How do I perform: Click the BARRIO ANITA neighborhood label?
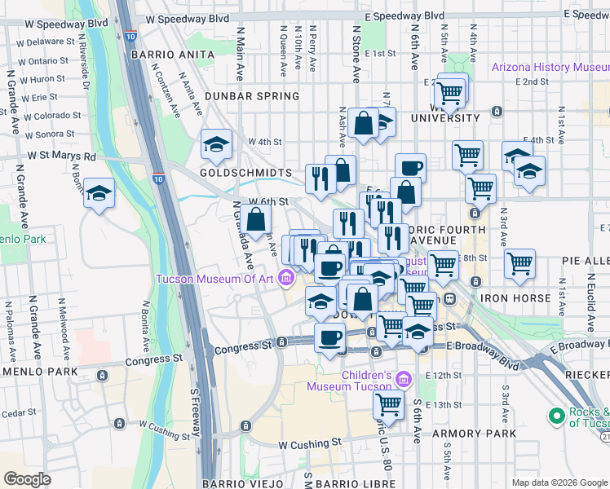coord(171,55)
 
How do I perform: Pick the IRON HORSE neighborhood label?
coord(515,298)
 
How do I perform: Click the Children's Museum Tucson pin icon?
coord(403,378)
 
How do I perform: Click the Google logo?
coord(28,479)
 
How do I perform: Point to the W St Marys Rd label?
coord(61,155)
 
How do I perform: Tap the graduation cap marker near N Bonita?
coord(99,193)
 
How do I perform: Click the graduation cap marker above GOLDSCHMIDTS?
coord(215,145)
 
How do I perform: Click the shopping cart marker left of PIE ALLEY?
coord(519,263)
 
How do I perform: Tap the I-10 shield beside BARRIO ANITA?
coord(130,37)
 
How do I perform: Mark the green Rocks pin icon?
coord(558,417)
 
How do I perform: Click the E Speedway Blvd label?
coord(404,15)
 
